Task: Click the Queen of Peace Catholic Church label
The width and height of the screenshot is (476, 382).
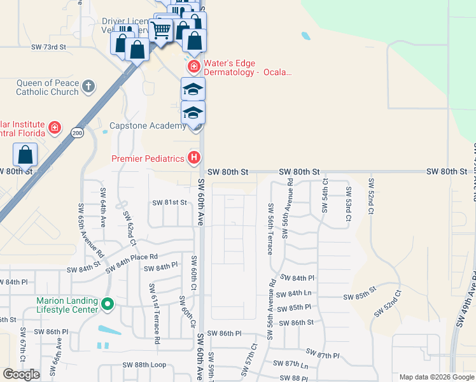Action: click(x=48, y=87)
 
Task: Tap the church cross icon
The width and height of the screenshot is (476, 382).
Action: click(x=88, y=85)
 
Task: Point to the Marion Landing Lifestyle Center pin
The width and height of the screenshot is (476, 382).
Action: click(x=107, y=306)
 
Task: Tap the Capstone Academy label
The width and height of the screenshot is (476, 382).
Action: click(x=148, y=125)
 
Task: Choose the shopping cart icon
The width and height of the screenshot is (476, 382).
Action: click(x=162, y=29)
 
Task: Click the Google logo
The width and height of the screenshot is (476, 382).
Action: click(x=22, y=374)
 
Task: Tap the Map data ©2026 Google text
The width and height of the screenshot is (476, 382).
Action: click(x=437, y=377)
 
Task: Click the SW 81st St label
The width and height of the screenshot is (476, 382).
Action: click(x=169, y=202)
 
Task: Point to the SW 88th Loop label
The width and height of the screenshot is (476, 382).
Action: click(x=144, y=365)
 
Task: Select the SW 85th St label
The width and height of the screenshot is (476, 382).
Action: click(x=360, y=297)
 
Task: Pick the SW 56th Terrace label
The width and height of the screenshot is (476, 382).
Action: click(x=270, y=229)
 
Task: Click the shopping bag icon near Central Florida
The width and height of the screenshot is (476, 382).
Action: click(x=25, y=155)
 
